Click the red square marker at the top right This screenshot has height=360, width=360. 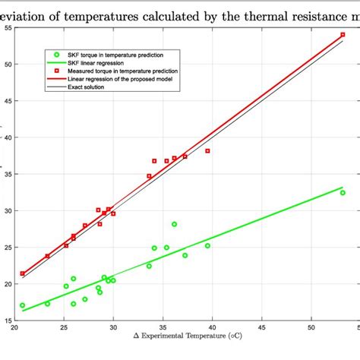coord(343,35)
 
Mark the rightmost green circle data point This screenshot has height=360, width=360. coord(343,193)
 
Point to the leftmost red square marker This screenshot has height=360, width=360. coord(23,273)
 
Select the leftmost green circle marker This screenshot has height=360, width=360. coord(22,305)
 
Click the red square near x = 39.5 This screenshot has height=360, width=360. coord(207,151)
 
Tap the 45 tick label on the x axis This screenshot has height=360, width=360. coord(262,327)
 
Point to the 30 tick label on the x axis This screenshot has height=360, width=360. coord(113,327)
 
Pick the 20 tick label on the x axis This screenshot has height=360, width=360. coord(14,327)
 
